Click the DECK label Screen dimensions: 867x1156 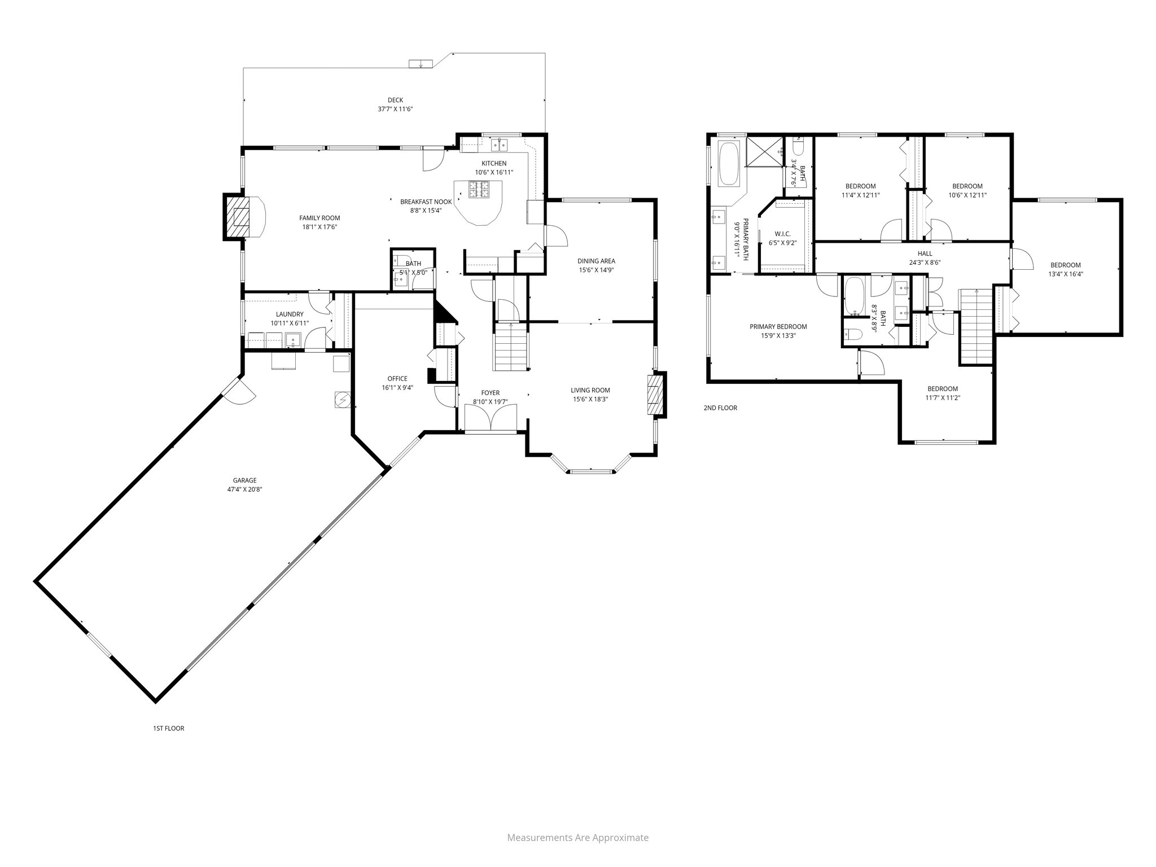coord(395,100)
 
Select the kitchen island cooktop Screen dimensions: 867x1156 coord(478,190)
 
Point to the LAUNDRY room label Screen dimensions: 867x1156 coord(290,314)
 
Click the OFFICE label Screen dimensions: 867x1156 coord(397,379)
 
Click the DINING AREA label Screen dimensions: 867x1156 coord(596,261)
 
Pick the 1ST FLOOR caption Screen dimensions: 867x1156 coord(168,728)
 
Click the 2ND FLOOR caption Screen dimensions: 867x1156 coord(720,408)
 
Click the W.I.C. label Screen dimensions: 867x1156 coord(782,234)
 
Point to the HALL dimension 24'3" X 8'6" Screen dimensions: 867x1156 coord(925,262)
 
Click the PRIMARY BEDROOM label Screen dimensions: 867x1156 coord(778,326)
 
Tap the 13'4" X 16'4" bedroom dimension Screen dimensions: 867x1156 coord(1066,274)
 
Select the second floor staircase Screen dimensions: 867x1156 coord(976,326)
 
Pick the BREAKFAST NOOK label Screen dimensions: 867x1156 coord(426,202)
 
